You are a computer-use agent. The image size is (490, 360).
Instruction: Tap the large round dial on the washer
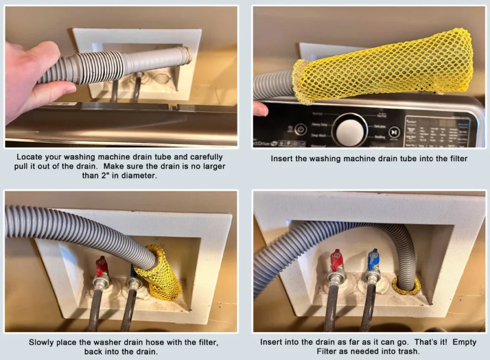pyautogui.click(x=349, y=130)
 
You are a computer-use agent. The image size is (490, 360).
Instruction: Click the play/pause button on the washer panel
pyautogui.click(x=394, y=131)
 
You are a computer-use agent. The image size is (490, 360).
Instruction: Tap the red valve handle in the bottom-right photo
pyautogui.click(x=336, y=261)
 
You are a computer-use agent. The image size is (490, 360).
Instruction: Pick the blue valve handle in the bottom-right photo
pyautogui.click(x=373, y=260)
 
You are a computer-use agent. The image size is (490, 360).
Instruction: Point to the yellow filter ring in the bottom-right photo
pyautogui.click(x=406, y=286)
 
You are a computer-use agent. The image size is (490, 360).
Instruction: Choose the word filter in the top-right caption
pyautogui.click(x=455, y=158)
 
